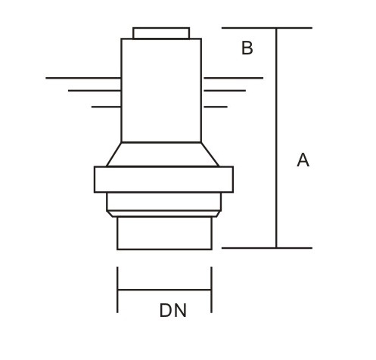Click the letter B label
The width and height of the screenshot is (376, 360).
[x=247, y=48]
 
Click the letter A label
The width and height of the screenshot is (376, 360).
[x=303, y=160]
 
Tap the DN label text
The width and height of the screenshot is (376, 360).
[x=173, y=310]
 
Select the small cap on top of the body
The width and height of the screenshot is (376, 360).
[x=161, y=33]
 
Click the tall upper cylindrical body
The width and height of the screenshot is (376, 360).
[x=161, y=91]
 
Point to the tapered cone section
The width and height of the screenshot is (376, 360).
[x=162, y=154]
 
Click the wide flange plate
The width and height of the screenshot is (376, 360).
[x=163, y=179]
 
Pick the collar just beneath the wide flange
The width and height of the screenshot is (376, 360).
[x=163, y=202]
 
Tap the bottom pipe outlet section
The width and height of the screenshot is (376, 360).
[x=164, y=233]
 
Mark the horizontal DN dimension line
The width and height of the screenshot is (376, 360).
[x=164, y=290]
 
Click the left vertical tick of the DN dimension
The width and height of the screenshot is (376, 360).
[x=117, y=290]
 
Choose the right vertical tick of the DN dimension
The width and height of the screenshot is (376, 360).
[x=212, y=290]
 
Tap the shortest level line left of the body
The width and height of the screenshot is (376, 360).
[x=106, y=107]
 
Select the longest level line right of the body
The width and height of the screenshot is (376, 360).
[x=233, y=78]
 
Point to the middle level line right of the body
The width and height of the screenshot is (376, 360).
[x=224, y=91]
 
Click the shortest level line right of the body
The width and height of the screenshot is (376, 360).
[x=215, y=107]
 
